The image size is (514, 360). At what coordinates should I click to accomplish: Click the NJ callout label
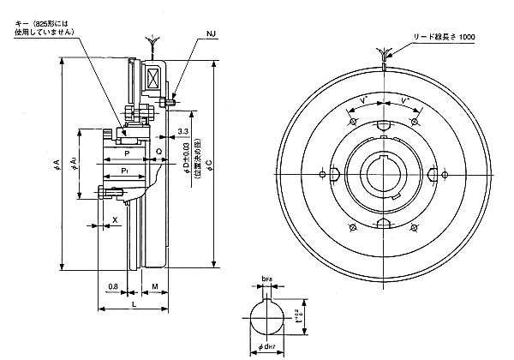212,35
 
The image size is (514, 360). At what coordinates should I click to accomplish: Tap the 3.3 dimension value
183,131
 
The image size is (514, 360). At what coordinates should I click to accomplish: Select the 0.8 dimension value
113,286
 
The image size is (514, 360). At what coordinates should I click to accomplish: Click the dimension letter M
153,286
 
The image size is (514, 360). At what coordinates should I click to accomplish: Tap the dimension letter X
116,220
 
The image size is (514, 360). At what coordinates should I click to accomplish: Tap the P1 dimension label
126,172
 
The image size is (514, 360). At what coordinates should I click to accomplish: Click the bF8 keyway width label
266,279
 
